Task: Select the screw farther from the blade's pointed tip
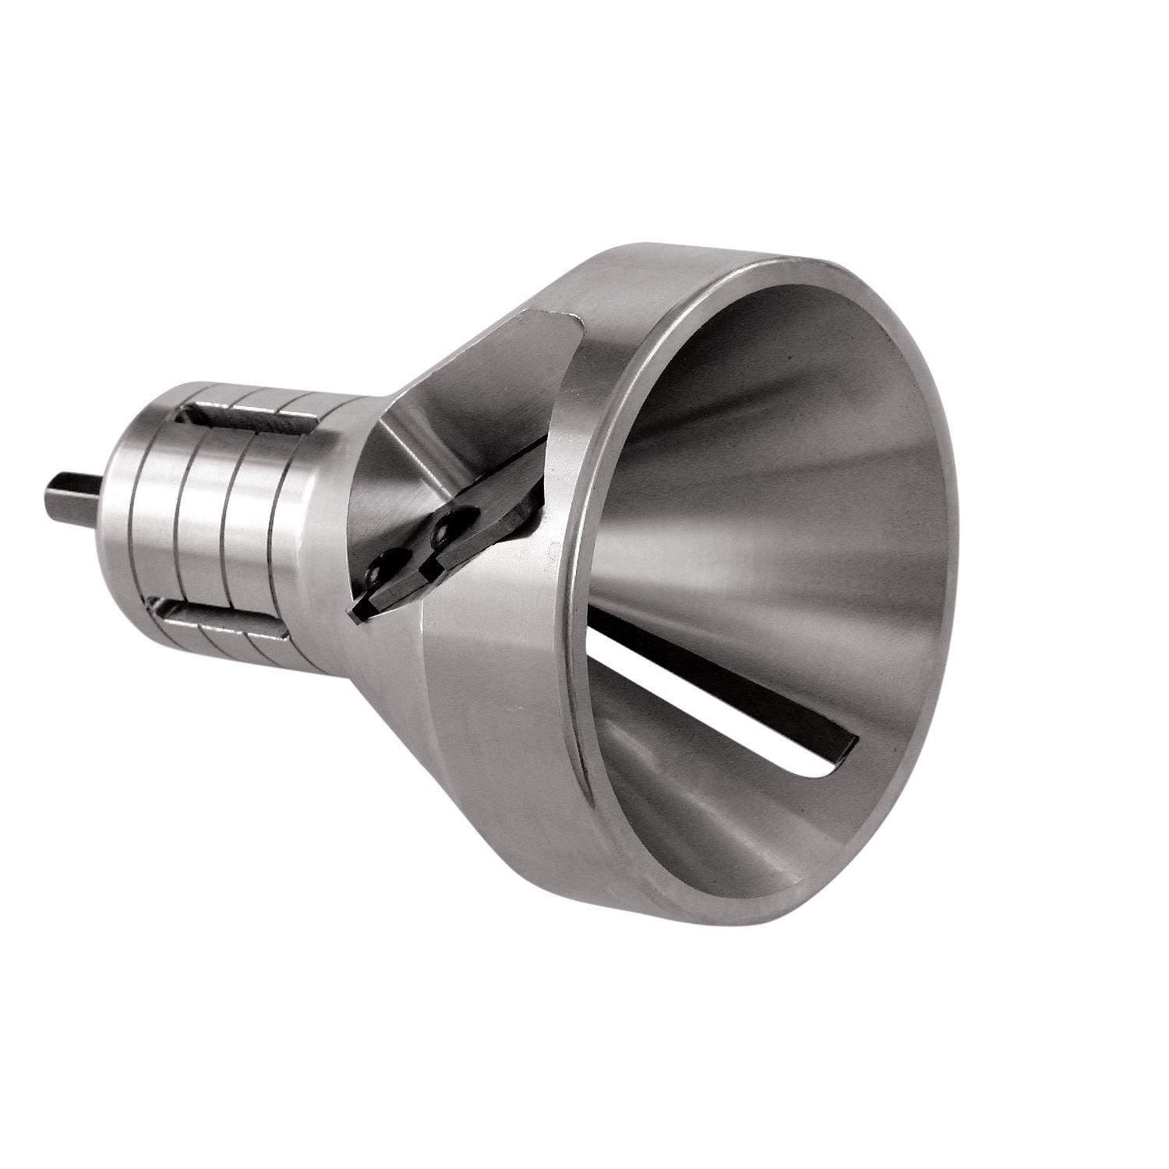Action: [449, 527]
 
